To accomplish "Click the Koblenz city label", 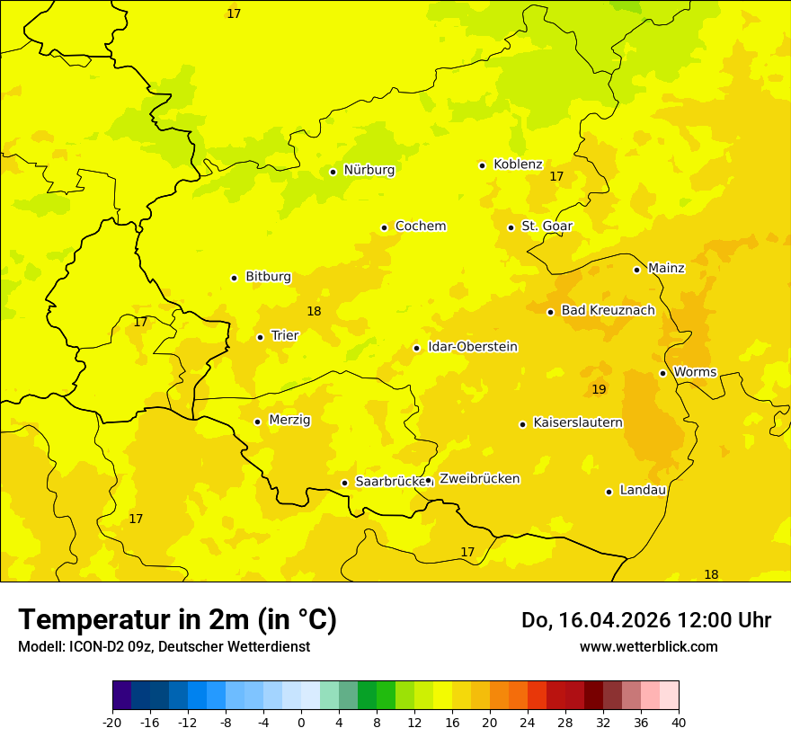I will coord(518,164).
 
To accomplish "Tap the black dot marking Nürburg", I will coord(333,172).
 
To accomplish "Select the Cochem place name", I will coord(420,226).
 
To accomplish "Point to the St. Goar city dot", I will coord(511,227).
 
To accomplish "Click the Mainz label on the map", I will coord(666,269).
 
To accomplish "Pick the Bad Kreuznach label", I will coord(608,311).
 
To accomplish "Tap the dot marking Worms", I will coord(662,373).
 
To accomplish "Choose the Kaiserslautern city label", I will coord(578,423).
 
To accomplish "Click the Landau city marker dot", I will coord(609,492).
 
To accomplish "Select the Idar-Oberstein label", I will coord(473,347).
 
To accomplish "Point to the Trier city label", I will coord(285,336).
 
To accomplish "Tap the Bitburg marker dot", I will coord(234,278).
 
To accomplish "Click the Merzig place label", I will coord(289,420).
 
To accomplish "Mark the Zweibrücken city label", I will coord(479,479).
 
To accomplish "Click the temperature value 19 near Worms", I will coord(599,389).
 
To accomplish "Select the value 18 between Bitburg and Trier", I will coord(314,312).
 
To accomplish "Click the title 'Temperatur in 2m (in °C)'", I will coord(177,619).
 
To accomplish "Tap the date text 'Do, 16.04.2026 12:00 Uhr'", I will coord(645,620).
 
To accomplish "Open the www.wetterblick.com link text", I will coord(648,646).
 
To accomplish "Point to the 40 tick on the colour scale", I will coord(679,722).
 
